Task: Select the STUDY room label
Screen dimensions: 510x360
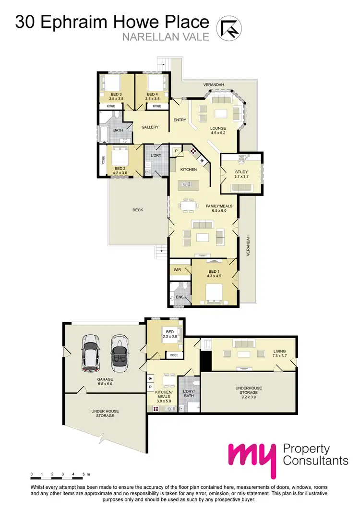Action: (241, 174)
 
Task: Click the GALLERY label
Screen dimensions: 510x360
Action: (150, 127)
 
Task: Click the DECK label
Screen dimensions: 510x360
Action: (138, 210)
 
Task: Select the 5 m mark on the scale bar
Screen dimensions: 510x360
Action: (84, 474)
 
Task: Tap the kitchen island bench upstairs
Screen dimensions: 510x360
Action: (188, 184)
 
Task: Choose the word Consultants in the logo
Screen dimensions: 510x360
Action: (315, 461)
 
